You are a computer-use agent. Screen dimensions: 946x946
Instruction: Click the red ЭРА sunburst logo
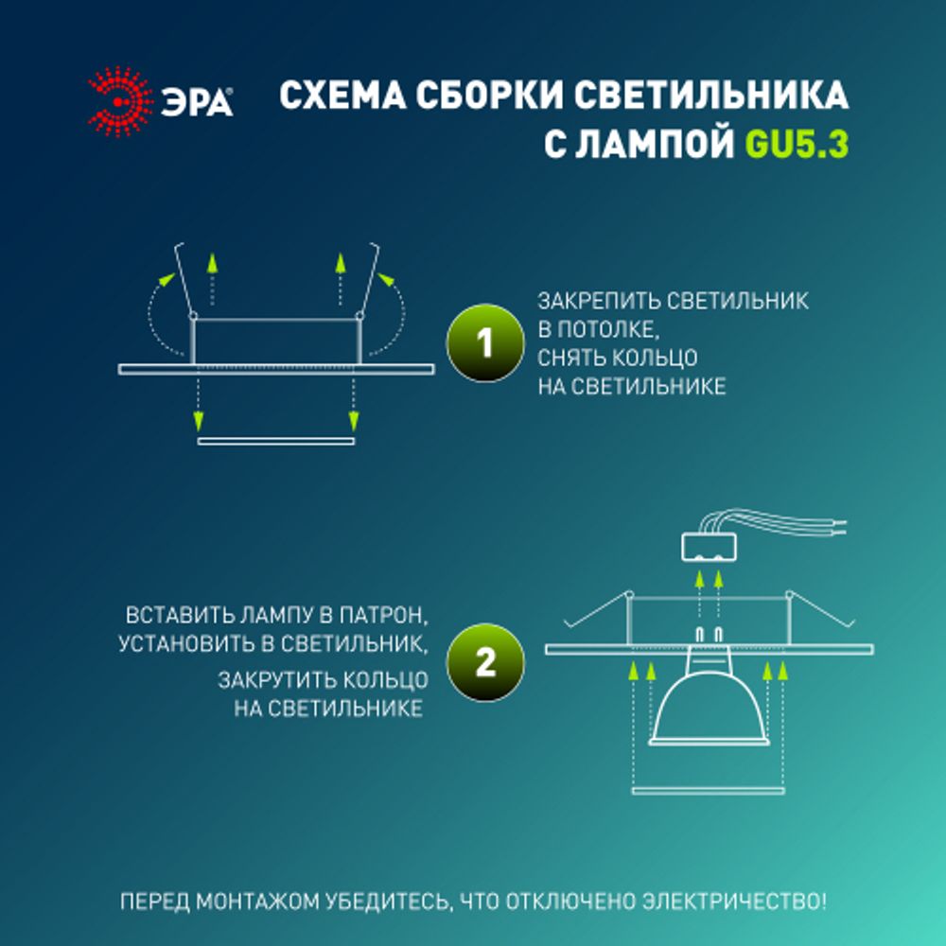[120, 101]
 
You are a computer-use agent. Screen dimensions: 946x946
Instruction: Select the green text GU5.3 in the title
[797, 147]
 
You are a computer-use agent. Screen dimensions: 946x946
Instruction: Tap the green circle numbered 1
[484, 342]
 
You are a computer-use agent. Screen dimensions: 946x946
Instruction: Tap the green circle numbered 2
[484, 662]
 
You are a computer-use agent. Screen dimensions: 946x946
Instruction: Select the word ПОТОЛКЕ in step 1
[614, 330]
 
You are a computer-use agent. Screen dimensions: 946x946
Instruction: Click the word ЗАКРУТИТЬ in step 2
[274, 680]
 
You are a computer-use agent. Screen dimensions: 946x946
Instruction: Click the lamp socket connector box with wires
[709, 545]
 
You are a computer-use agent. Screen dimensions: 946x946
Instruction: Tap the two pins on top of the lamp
[708, 633]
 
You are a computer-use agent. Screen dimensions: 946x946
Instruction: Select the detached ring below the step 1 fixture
[275, 441]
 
